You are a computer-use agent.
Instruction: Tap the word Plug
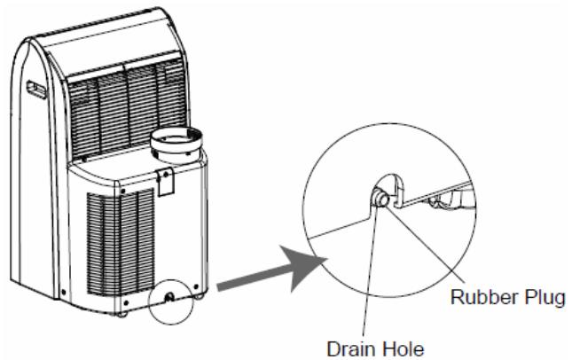(x=545, y=298)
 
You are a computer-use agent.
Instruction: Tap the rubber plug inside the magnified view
(x=380, y=198)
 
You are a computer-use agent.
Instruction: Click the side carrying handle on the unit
(x=36, y=90)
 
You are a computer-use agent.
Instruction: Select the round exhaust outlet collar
(x=176, y=145)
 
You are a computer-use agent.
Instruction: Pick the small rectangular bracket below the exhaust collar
(x=165, y=181)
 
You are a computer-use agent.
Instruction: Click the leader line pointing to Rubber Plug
(x=426, y=245)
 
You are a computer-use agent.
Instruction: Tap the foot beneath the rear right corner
(x=199, y=296)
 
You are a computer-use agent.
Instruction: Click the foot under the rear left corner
(x=122, y=314)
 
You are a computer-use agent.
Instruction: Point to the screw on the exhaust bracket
(x=165, y=175)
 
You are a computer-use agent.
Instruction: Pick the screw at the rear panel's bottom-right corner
(x=197, y=286)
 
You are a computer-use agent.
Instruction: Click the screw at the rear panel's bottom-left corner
(x=126, y=302)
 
